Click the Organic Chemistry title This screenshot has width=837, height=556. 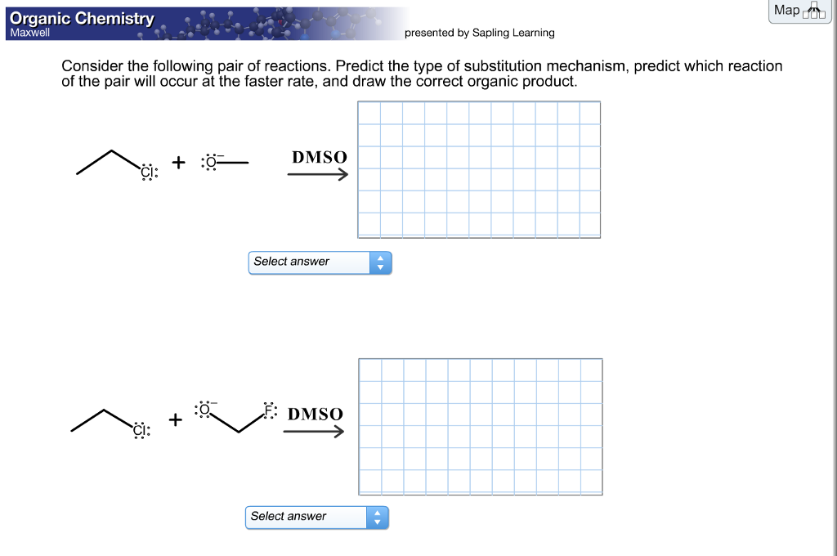[x=81, y=18]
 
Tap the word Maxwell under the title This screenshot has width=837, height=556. [x=29, y=34]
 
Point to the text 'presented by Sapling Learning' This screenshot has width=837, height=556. [x=479, y=33]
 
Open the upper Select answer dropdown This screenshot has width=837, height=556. [x=320, y=262]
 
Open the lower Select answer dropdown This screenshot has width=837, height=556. [x=316, y=518]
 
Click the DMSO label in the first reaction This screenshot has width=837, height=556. [x=319, y=157]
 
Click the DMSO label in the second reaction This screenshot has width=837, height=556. [x=315, y=415]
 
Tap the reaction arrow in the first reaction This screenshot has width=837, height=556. [x=317, y=174]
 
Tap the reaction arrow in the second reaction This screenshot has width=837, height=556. [x=313, y=432]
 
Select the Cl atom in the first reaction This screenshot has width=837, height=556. [x=147, y=172]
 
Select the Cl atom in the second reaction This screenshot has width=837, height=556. [x=141, y=428]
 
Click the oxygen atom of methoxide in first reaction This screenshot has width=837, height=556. [x=211, y=162]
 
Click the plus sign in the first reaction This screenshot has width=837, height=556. [x=178, y=163]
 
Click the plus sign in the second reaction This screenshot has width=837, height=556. [x=175, y=419]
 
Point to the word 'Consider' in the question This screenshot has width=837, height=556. [x=93, y=66]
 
